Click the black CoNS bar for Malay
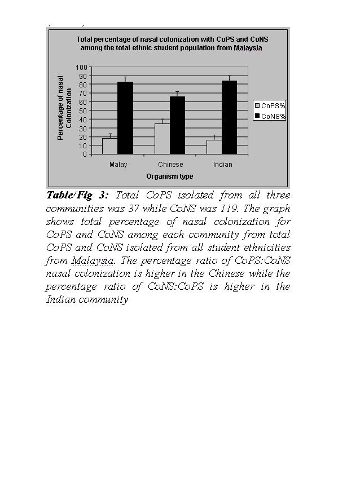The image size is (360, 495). tap(125, 118)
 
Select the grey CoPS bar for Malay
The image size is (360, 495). tap(109, 145)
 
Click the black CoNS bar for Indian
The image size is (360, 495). tap(229, 117)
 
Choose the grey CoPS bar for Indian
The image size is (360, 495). tap(214, 147)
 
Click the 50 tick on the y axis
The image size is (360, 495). tap(83, 111)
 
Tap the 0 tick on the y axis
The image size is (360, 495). tap(85, 154)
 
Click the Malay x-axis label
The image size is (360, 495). tap(118, 165)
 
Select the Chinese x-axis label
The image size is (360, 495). tap(170, 165)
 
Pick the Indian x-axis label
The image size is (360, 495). tap(222, 165)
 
